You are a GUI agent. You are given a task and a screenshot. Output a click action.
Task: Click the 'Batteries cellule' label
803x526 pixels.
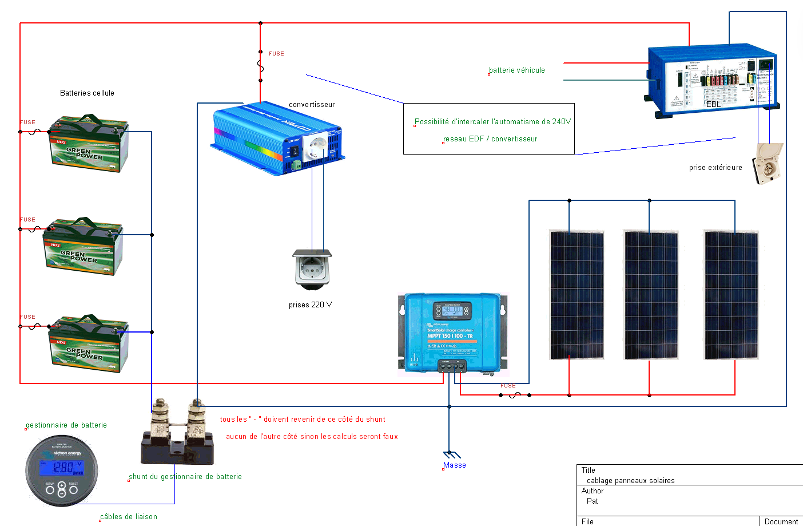pos(87,93)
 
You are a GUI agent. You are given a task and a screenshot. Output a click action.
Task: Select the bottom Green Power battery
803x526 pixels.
pos(89,343)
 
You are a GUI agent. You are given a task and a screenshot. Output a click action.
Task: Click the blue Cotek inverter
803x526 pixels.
pos(277,139)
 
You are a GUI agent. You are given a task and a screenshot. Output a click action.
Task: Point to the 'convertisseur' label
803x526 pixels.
pos(312,105)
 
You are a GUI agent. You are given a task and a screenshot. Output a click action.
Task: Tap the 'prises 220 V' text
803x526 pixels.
pos(310,305)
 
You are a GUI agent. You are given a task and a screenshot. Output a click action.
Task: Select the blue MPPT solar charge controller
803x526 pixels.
pos(452,333)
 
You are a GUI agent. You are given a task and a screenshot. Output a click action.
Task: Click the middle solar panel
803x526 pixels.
pos(651,295)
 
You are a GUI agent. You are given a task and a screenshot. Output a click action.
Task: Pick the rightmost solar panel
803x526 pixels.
pos(731,295)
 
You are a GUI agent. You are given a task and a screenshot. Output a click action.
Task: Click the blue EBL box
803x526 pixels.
pos(713,80)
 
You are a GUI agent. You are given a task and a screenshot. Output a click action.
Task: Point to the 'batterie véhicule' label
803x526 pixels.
pos(517,70)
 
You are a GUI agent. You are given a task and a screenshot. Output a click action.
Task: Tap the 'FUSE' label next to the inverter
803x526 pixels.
pos(276,54)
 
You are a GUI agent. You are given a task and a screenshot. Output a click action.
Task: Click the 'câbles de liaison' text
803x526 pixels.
pos(129,517)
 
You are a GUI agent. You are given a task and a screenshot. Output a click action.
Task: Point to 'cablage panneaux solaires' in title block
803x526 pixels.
pos(630,481)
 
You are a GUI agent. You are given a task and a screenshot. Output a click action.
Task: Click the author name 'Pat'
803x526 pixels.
pos(592,501)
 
